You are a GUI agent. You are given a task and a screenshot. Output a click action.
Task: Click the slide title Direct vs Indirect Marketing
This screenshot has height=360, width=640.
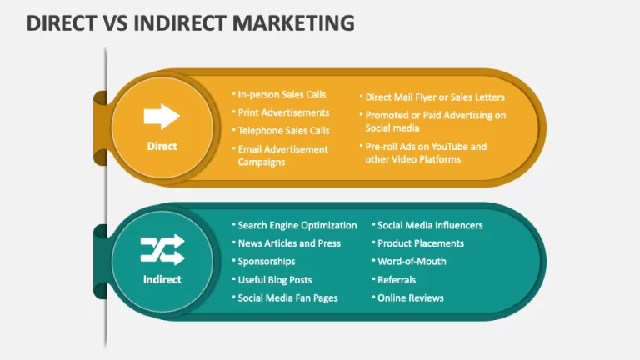click(190, 22)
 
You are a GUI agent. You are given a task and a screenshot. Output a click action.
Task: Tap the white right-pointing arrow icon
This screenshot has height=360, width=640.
click(162, 117)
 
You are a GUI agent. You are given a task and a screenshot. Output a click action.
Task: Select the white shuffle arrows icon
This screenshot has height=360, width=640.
click(162, 249)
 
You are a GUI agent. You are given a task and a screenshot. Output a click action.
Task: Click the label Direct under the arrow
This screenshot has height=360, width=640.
click(162, 146)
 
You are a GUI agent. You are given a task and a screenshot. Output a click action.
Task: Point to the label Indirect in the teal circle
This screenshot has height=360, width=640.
click(162, 280)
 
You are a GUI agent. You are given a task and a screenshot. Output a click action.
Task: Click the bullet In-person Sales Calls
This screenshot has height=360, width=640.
click(282, 95)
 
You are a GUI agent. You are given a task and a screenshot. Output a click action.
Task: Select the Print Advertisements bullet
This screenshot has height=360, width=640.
click(283, 112)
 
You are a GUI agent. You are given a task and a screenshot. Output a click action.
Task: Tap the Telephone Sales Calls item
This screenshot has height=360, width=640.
click(283, 131)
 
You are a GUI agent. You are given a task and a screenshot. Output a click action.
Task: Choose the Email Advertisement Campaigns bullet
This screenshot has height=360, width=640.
click(282, 156)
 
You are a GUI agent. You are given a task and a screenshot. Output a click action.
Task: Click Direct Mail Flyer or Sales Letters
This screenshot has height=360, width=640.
click(435, 97)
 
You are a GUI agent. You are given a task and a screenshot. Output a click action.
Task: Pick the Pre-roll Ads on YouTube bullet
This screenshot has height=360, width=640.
click(426, 152)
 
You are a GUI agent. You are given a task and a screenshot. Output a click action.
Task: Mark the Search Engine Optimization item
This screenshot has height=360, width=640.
click(297, 225)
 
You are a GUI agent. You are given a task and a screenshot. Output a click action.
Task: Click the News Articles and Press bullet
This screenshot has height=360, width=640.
click(289, 243)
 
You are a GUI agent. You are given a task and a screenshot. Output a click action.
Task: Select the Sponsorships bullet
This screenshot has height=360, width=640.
click(266, 261)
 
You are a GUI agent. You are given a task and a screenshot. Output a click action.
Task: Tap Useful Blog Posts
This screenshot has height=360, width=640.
click(275, 280)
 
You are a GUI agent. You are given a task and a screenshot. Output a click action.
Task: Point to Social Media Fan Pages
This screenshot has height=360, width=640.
click(287, 298)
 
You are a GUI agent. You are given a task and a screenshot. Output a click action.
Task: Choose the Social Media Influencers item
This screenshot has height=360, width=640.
click(430, 225)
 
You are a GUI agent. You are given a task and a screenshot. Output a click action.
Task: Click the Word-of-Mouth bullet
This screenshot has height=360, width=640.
click(412, 261)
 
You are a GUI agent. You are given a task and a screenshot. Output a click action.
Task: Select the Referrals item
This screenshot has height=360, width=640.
click(397, 280)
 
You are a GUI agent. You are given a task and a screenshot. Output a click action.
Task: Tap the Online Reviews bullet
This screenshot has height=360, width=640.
click(410, 298)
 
